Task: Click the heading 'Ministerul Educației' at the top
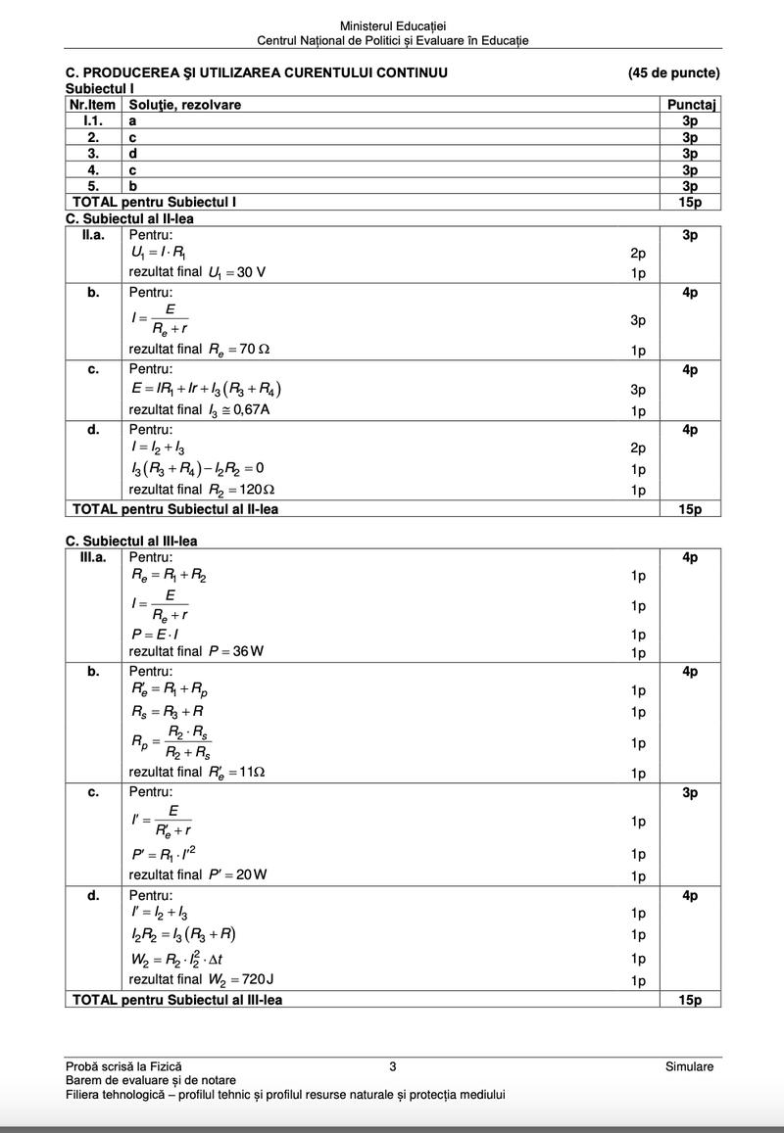click(x=392, y=25)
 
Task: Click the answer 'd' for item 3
click(x=133, y=154)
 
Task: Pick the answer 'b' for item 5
click(x=133, y=186)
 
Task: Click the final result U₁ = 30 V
click(x=236, y=272)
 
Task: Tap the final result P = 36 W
click(x=236, y=651)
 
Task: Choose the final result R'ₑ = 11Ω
click(x=237, y=772)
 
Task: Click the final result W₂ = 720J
click(x=239, y=978)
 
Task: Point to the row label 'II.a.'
click(x=94, y=236)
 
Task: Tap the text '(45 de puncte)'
click(x=674, y=72)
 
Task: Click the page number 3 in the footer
click(x=392, y=1066)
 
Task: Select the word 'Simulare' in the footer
click(x=689, y=1066)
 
